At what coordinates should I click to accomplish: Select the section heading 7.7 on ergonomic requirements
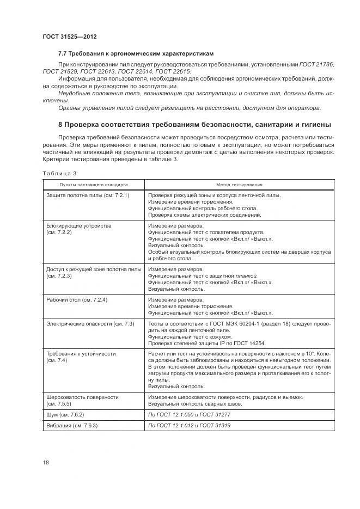click(135, 54)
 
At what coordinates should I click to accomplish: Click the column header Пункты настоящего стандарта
click(94, 185)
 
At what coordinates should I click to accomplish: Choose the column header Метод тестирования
click(239, 185)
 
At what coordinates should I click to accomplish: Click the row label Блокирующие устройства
click(80, 226)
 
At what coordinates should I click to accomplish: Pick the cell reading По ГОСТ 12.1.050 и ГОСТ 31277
click(189, 415)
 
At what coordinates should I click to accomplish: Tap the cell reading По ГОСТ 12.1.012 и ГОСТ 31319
click(189, 426)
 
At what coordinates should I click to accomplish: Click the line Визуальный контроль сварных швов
click(195, 404)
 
